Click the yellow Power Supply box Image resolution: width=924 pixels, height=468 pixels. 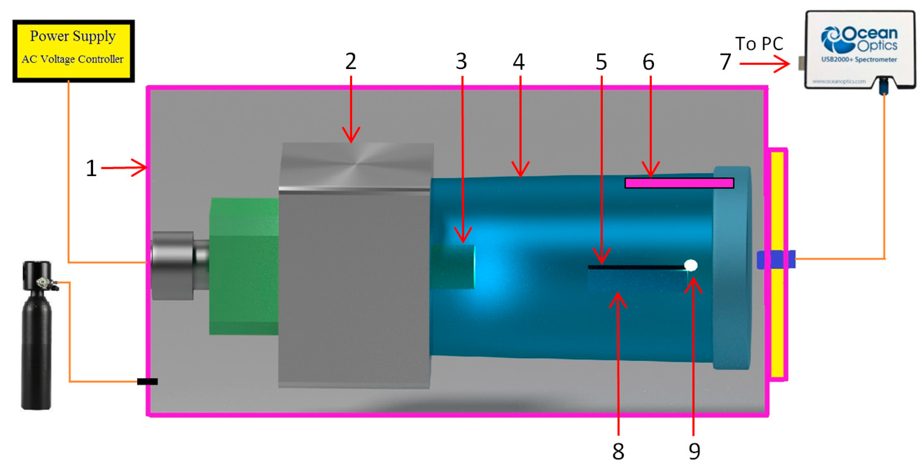[x=74, y=51]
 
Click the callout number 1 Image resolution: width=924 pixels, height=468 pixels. [x=91, y=168]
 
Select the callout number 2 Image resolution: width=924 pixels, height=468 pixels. [x=351, y=61]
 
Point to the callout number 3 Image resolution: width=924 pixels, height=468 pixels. [x=462, y=61]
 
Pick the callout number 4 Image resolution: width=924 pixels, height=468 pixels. [x=519, y=62]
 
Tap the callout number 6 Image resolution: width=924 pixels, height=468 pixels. [x=648, y=62]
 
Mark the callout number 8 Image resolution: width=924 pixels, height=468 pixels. [x=618, y=451]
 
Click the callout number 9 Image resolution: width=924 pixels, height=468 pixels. [x=695, y=451]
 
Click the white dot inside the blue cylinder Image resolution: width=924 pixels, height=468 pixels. [x=691, y=265]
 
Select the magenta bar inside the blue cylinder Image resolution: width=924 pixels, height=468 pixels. [x=679, y=183]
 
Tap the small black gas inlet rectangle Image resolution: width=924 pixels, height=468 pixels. [x=147, y=382]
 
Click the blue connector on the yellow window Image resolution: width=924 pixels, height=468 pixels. [x=776, y=259]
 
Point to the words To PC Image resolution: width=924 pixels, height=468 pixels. [x=759, y=44]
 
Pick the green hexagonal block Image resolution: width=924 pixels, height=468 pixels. [x=244, y=266]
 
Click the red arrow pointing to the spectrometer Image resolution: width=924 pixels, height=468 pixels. [x=764, y=64]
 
